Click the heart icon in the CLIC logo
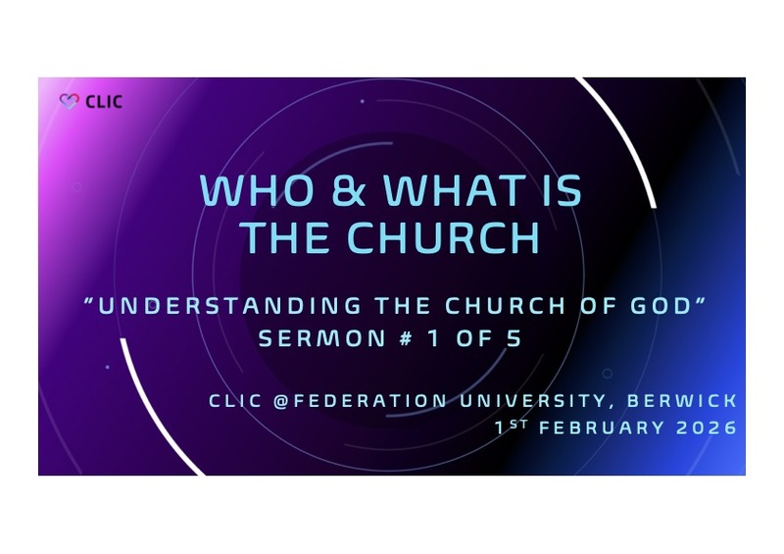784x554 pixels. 68,101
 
